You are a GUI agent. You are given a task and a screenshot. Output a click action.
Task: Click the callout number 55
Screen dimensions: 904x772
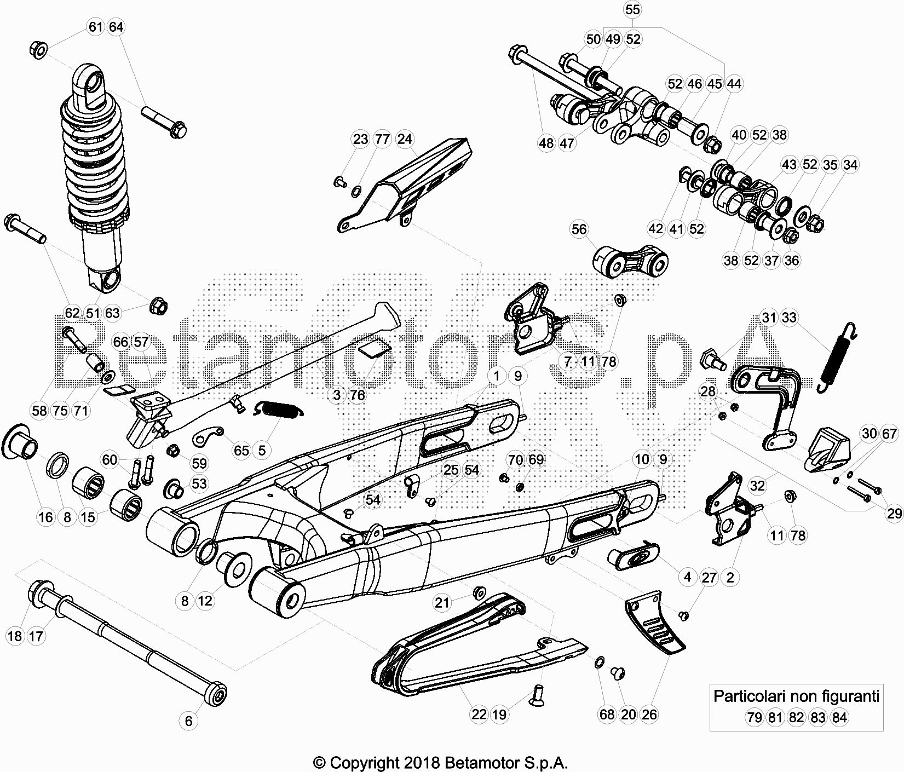[x=632, y=10]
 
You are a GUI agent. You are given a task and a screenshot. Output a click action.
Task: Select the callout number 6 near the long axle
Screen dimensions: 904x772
[x=189, y=721]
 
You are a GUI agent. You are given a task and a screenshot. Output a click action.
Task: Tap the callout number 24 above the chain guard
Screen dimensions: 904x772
[x=405, y=139]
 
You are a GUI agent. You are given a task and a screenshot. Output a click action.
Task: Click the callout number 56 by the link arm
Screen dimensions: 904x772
[x=579, y=229]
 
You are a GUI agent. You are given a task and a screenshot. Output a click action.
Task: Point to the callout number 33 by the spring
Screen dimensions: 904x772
[x=790, y=318]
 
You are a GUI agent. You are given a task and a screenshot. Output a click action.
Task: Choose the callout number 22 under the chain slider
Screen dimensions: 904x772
[x=479, y=715]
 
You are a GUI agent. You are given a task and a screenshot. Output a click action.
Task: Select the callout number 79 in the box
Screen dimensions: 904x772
[x=755, y=717]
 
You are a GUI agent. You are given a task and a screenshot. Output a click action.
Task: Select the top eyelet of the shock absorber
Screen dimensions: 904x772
[x=90, y=83]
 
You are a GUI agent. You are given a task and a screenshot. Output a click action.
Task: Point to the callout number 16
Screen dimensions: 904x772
[x=46, y=517]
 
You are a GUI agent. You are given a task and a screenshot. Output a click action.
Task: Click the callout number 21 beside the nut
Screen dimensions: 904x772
[x=442, y=603]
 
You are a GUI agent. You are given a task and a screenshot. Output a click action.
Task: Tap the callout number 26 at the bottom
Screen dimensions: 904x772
[x=649, y=715]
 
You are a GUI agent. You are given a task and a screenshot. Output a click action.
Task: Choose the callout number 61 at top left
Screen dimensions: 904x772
[x=96, y=27]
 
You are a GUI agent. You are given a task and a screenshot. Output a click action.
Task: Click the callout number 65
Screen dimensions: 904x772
[x=241, y=451]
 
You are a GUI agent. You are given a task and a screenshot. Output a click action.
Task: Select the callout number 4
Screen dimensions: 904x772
[x=688, y=577]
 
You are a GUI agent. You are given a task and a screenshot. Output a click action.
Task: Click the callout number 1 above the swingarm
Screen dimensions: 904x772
[x=497, y=376]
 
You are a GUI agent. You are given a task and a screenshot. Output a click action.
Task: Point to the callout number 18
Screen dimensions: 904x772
[x=15, y=636]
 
